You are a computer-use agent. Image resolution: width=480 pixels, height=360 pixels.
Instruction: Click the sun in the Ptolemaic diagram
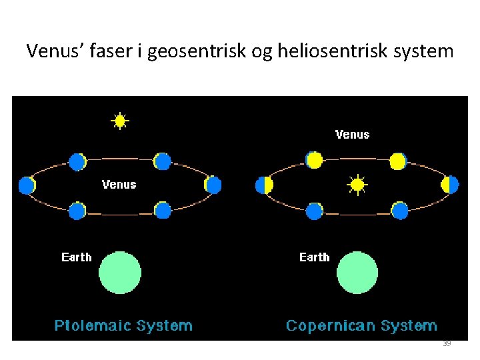click(119, 121)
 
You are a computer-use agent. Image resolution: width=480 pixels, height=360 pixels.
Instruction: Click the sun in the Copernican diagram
click(358, 184)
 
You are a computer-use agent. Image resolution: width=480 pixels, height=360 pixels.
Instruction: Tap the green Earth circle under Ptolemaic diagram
click(120, 273)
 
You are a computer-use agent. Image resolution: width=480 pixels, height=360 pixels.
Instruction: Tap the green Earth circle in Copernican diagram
click(357, 273)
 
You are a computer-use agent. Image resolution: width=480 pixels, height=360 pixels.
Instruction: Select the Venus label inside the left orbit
click(119, 185)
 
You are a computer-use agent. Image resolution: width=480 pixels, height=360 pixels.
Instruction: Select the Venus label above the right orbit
click(352, 135)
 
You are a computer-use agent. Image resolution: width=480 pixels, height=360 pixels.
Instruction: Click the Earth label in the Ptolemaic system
click(77, 257)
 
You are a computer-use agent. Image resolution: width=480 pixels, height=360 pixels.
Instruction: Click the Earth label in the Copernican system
click(315, 257)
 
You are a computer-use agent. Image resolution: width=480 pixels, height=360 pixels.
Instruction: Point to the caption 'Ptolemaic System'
click(123, 326)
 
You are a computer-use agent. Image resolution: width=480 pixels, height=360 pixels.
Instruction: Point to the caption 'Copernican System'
click(361, 326)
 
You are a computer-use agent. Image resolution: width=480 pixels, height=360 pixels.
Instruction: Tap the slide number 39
click(447, 343)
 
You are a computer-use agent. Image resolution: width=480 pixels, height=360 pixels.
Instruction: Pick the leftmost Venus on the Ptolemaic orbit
click(27, 185)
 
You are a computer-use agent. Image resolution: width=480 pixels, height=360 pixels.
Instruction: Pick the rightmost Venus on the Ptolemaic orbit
click(213, 185)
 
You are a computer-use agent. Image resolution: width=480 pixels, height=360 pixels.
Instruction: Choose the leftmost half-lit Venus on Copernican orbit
click(265, 185)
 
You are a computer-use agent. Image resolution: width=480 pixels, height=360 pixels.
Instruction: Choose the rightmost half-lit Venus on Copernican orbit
click(451, 185)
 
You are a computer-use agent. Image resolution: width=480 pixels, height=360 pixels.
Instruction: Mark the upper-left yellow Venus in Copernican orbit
click(314, 160)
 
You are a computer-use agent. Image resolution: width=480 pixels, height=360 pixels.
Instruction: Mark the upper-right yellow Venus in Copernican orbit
click(398, 161)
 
